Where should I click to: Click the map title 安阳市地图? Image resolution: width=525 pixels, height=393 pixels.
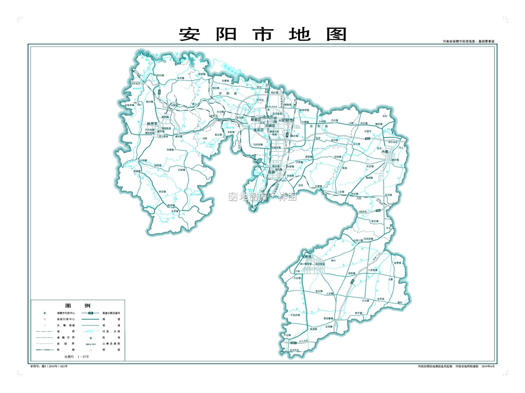click(262, 35)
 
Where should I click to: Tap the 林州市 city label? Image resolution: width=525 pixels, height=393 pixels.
click(152, 124)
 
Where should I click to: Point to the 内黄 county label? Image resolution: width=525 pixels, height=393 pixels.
click(385, 152)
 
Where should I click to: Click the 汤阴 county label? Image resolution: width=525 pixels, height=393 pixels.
click(272, 172)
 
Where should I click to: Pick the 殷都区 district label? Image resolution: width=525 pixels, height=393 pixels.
click(256, 120)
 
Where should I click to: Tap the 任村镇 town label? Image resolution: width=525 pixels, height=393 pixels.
click(160, 75)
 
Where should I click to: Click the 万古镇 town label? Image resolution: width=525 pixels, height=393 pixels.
click(365, 301)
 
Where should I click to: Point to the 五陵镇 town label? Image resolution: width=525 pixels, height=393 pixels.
click(318, 187)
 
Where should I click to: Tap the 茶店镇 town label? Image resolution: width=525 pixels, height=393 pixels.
click(162, 192)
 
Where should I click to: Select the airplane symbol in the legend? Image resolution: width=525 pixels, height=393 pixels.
click(91, 338)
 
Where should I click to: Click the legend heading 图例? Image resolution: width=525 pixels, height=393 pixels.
click(78, 306)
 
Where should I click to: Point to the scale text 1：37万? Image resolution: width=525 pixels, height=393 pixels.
click(83, 357)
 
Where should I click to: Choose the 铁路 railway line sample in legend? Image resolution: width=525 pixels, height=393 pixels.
click(45, 350)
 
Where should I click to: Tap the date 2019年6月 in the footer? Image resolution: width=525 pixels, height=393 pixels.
click(488, 366)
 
